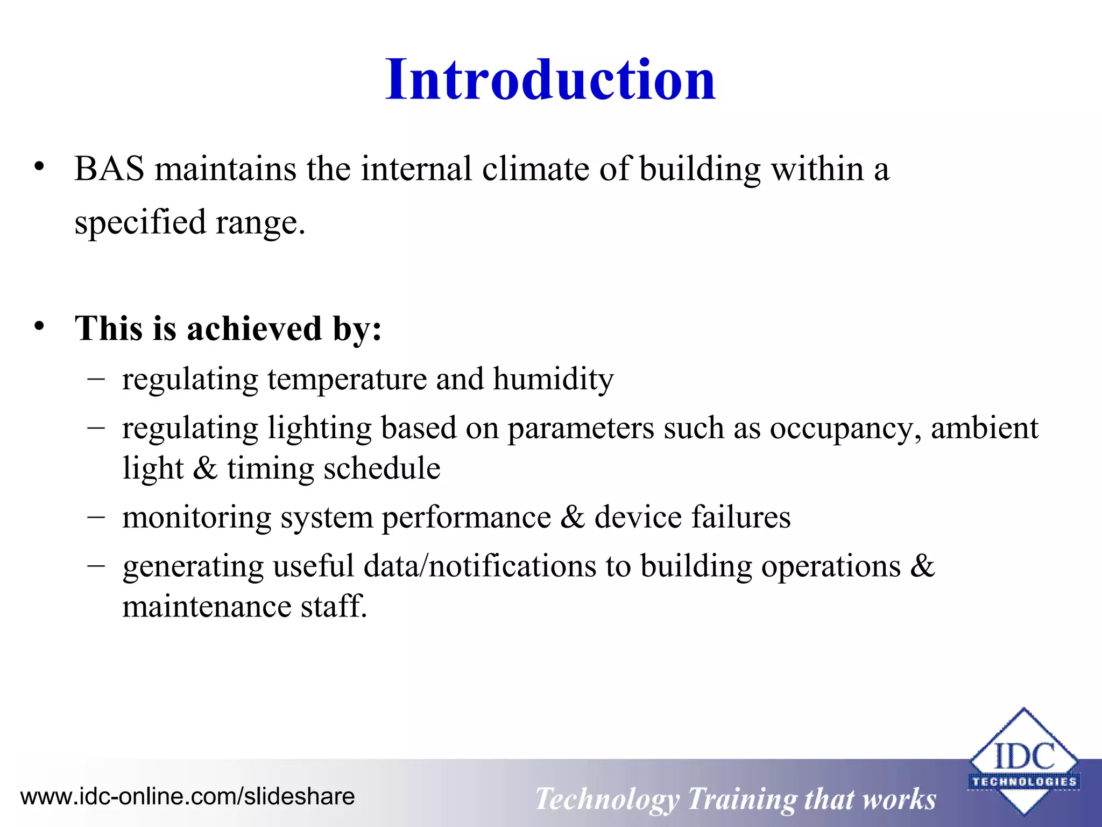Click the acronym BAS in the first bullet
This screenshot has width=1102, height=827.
(x=109, y=169)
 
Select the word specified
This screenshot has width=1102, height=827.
(x=140, y=222)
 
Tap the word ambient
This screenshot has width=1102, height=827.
(x=984, y=429)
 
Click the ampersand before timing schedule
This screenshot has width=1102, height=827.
(x=204, y=468)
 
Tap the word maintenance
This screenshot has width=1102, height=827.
(x=207, y=606)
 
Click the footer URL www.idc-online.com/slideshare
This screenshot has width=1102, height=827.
(x=187, y=796)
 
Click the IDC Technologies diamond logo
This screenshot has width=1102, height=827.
(x=1023, y=761)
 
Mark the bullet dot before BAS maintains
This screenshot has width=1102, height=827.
(x=39, y=167)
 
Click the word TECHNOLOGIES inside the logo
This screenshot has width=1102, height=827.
(x=1023, y=782)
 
